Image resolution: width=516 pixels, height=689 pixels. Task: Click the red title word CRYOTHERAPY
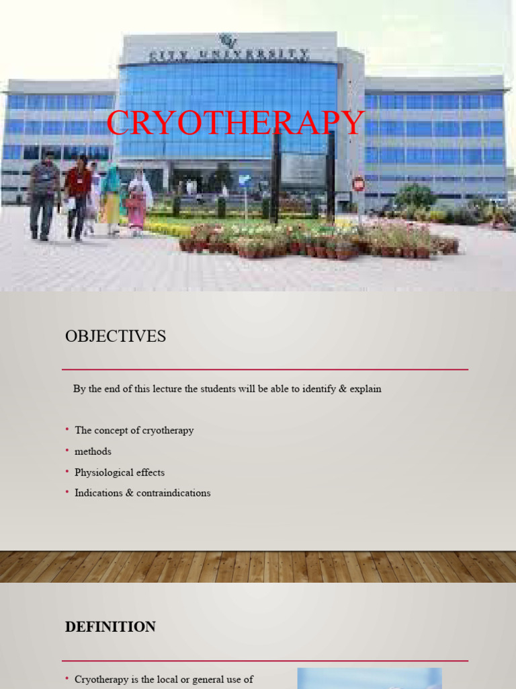coord(235,123)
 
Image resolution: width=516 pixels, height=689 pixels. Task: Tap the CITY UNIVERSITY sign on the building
coord(229,54)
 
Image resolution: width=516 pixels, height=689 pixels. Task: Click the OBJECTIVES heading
coord(116,336)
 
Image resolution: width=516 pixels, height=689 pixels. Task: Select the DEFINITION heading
coord(110,627)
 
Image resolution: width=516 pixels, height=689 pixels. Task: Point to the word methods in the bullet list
coord(93,451)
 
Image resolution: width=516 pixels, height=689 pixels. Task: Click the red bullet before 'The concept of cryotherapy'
coord(67,429)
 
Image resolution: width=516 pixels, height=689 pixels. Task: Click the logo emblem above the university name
coord(229,40)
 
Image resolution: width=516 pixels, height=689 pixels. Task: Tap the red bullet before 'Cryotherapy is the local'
coord(67,679)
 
